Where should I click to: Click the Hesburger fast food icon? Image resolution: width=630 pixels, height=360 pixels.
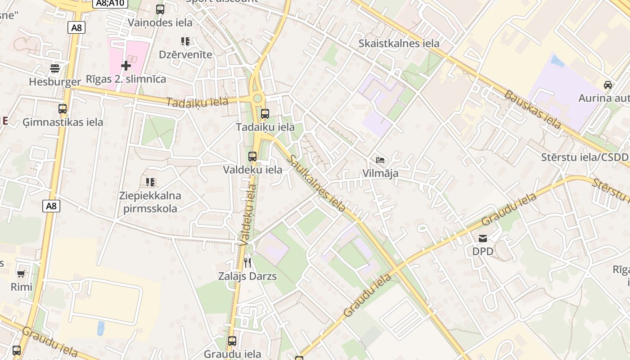tap(55, 68)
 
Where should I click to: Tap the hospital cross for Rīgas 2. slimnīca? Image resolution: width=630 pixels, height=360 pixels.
tap(126, 66)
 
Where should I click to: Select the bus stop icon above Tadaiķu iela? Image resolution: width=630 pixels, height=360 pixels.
tap(265, 114)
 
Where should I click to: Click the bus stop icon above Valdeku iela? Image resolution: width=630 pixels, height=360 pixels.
tap(252, 157)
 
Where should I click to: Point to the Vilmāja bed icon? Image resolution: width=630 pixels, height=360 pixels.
tap(380, 160)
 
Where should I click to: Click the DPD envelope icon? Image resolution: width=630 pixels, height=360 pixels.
tap(483, 238)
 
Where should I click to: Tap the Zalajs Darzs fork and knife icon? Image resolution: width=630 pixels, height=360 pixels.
tap(247, 262)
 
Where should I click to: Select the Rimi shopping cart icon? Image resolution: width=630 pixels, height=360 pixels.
tap(21, 274)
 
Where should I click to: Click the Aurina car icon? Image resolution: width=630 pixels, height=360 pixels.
tap(607, 85)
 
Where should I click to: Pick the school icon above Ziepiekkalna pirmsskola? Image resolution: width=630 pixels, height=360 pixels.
tap(150, 182)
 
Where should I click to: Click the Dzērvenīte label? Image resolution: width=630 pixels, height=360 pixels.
tap(185, 54)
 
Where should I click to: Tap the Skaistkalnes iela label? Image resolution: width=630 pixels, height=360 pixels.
tap(399, 44)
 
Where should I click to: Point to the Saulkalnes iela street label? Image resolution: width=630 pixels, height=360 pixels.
tap(318, 183)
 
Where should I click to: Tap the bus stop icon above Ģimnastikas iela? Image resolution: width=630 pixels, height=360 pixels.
tap(63, 109)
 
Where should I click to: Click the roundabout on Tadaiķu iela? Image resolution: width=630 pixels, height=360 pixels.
tap(257, 98)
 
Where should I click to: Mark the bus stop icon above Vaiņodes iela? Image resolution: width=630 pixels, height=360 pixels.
tap(160, 9)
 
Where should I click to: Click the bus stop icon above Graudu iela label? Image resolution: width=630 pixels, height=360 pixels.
tap(232, 341)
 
